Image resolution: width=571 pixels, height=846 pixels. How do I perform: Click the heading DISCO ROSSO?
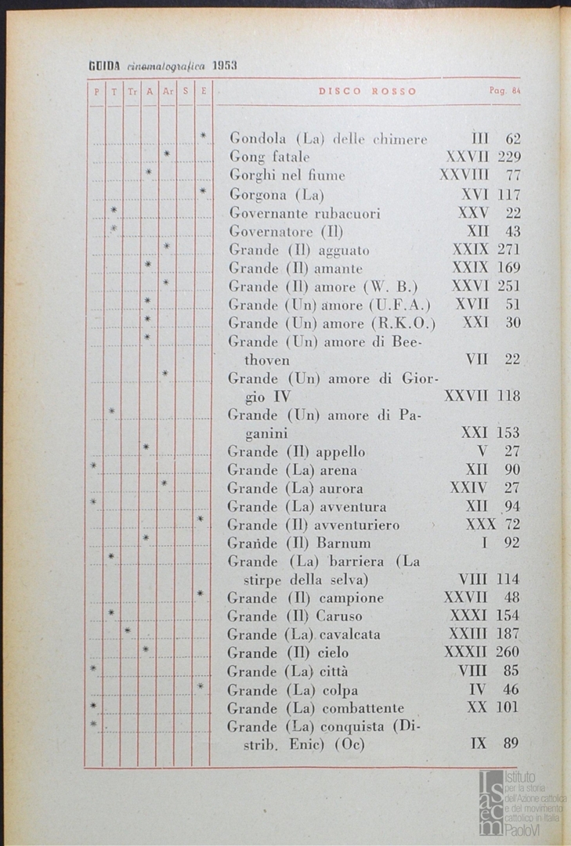[367, 91]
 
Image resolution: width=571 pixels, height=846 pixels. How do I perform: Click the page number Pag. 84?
[505, 91]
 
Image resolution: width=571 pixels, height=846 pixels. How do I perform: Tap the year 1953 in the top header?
[224, 67]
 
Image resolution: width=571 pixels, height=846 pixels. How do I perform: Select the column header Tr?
[132, 92]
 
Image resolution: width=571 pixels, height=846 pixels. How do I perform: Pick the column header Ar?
[167, 92]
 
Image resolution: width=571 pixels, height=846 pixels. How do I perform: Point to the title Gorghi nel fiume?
[287, 175]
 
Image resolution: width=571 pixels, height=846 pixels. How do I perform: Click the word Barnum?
[344, 543]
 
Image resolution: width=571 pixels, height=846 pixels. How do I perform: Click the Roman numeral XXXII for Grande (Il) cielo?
[465, 653]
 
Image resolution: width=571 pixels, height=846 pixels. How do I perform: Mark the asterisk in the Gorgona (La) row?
[202, 190]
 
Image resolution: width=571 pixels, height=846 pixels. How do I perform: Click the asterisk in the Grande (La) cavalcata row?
[128, 631]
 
